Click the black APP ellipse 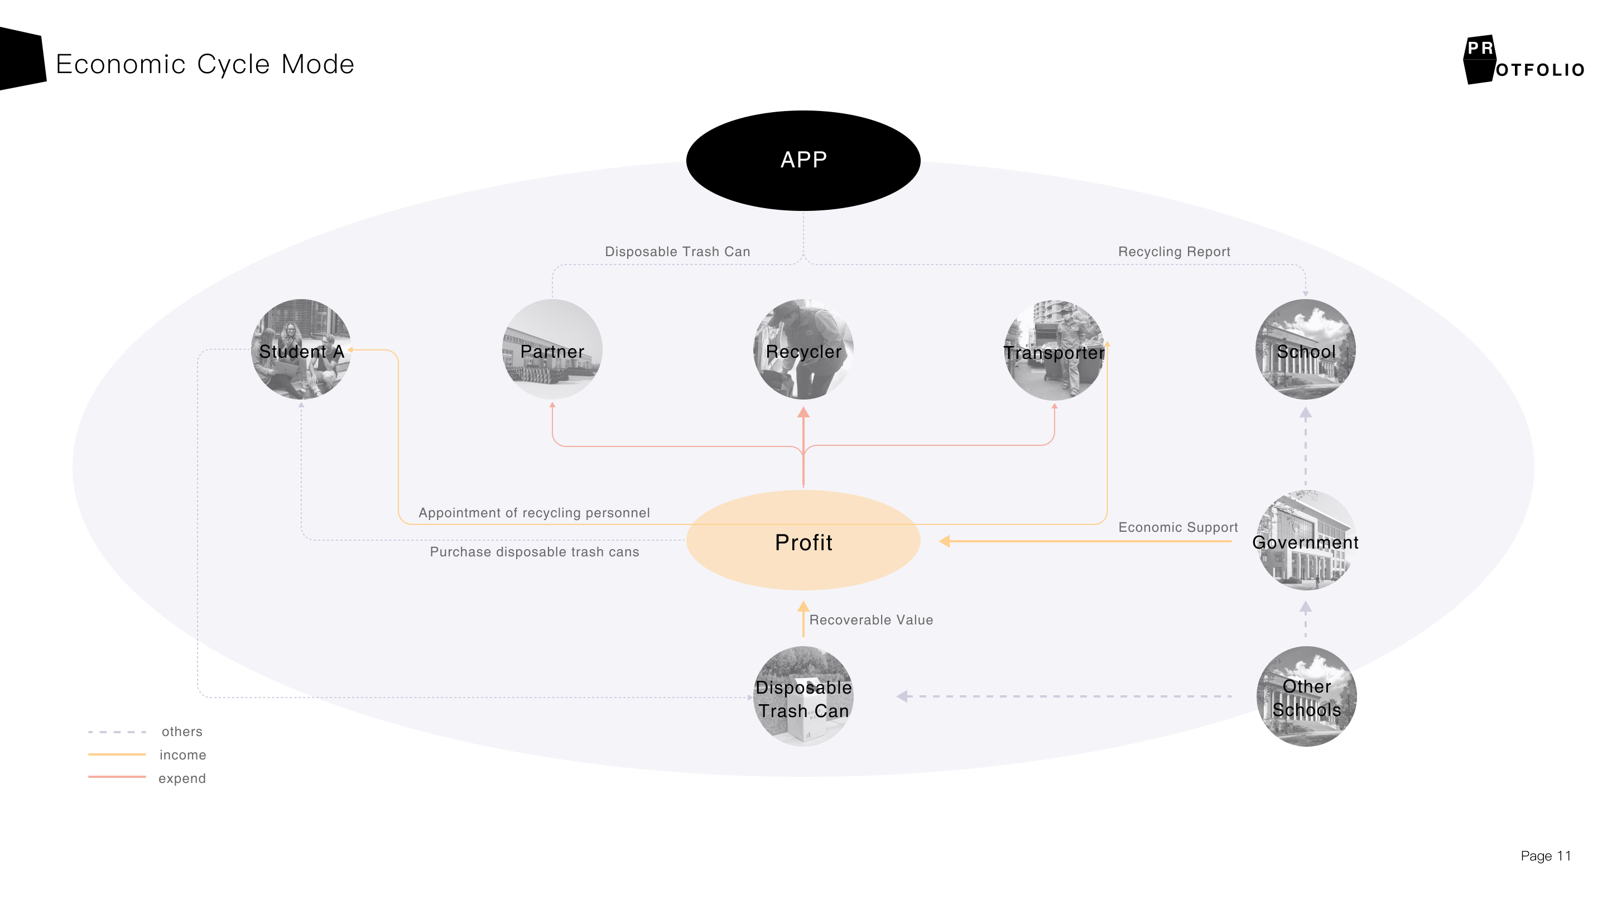803,160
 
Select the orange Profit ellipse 803,540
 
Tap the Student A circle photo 301,349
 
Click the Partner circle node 552,349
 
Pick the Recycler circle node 803,349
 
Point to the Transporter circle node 1054,350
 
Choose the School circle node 1305,349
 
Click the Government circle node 1305,540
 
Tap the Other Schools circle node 1306,696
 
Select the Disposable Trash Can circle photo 803,696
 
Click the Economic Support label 1178,527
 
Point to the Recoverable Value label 871,619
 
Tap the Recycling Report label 1174,252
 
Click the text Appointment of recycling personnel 534,513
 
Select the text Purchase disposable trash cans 534,551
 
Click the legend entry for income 182,755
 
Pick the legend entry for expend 181,778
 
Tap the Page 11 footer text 1545,856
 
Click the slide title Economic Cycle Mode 205,64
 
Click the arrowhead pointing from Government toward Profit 945,541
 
